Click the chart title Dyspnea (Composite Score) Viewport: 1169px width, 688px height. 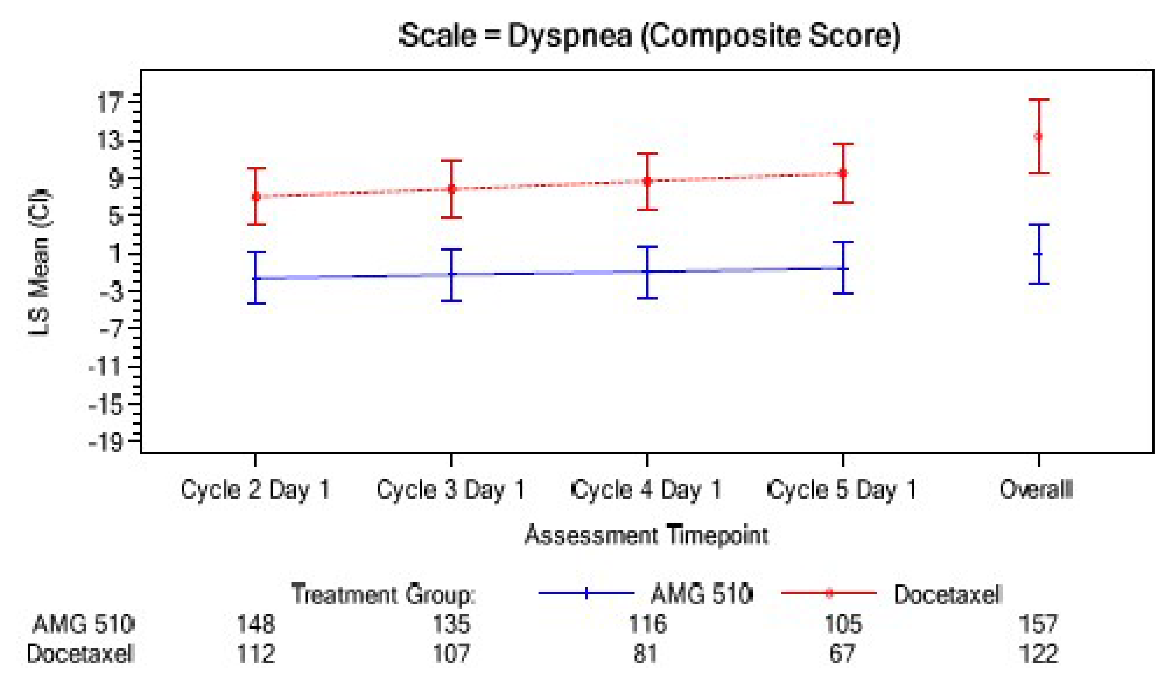click(650, 36)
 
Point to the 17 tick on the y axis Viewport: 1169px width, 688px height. click(110, 103)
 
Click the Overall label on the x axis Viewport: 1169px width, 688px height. click(1036, 490)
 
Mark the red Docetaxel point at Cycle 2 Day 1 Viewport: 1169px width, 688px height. click(255, 197)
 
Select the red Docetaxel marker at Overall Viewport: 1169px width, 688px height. click(1038, 136)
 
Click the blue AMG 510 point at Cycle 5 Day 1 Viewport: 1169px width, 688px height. click(843, 269)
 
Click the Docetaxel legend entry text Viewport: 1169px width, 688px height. click(948, 594)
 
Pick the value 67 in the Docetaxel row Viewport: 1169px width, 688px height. click(842, 654)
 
